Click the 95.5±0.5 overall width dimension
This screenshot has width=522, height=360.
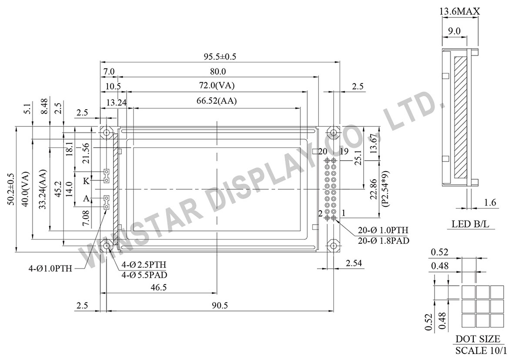(x=220, y=57)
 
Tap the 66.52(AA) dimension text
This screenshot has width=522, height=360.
(x=217, y=101)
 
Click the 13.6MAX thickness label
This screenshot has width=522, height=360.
(x=460, y=12)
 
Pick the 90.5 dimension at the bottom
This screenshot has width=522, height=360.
(x=220, y=306)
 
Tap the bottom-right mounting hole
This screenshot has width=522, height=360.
(x=333, y=246)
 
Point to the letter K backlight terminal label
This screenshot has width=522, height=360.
(x=86, y=180)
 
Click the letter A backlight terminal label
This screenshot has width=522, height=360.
(x=86, y=199)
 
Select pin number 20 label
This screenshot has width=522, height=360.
(x=322, y=151)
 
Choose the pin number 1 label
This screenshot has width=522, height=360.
(x=343, y=213)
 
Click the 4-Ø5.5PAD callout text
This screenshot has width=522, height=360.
(x=144, y=275)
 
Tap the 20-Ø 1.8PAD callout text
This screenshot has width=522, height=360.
(x=383, y=240)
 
